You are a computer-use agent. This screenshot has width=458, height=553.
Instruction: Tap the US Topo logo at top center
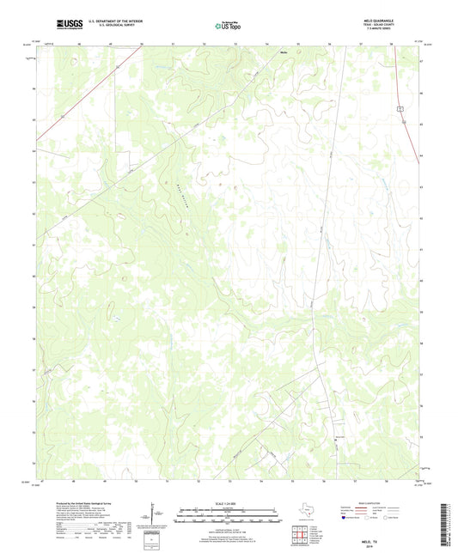228,25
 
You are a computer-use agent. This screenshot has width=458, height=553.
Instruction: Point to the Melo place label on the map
283,52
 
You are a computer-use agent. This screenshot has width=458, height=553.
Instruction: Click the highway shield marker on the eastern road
400,107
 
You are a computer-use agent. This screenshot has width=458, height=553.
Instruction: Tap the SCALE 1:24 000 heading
229,503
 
